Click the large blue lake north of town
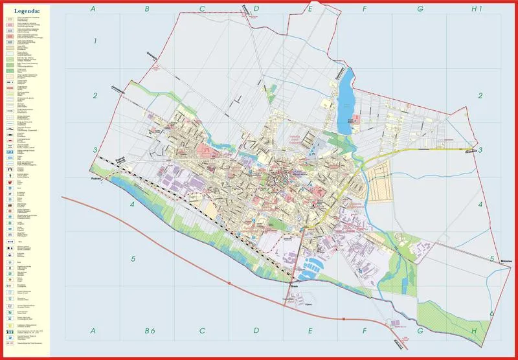(x=346, y=97)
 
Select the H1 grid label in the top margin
(x=477, y=9)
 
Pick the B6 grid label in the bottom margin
(x=149, y=331)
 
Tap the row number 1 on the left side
(x=95, y=41)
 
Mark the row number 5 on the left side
(x=133, y=259)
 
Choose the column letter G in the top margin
(x=420, y=9)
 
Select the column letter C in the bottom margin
(x=203, y=331)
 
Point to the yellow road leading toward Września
(x=414, y=150)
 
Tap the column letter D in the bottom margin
(x=256, y=331)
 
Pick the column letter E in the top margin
(x=310, y=9)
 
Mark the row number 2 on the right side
(x=480, y=96)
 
